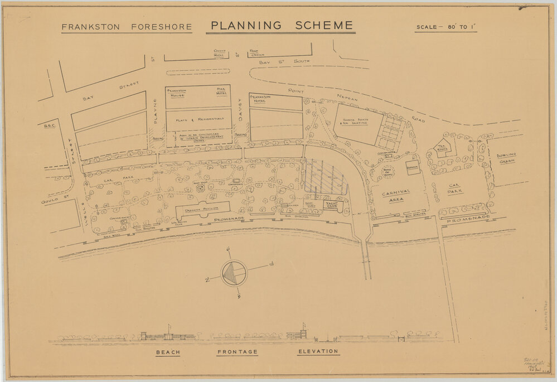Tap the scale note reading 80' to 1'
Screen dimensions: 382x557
click(x=445, y=27)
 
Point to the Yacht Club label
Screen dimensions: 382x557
click(x=332, y=205)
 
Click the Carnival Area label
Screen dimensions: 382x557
click(x=396, y=196)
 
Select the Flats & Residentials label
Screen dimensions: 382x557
click(x=198, y=119)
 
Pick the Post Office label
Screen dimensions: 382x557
click(x=257, y=53)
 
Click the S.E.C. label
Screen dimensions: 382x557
click(x=50, y=126)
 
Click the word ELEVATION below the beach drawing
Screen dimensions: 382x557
click(x=318, y=351)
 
